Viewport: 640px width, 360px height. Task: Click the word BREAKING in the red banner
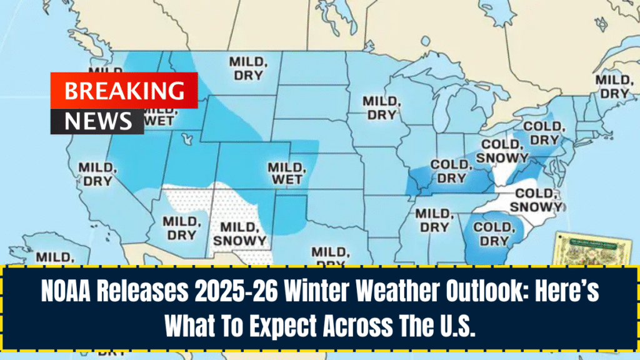click(124, 91)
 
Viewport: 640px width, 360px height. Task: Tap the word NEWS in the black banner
click(97, 121)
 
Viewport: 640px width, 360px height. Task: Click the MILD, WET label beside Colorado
click(285, 173)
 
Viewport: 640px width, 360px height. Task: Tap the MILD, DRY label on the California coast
click(96, 174)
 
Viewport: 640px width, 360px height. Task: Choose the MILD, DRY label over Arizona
click(181, 228)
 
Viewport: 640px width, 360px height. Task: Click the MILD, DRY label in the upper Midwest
click(379, 107)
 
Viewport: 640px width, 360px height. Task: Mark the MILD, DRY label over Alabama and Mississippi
click(432, 221)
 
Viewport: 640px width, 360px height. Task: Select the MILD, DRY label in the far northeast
click(612, 86)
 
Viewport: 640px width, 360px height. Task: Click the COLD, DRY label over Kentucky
click(449, 171)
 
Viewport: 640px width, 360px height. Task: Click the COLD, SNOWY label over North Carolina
click(536, 200)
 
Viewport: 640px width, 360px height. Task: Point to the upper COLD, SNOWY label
click(502, 152)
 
